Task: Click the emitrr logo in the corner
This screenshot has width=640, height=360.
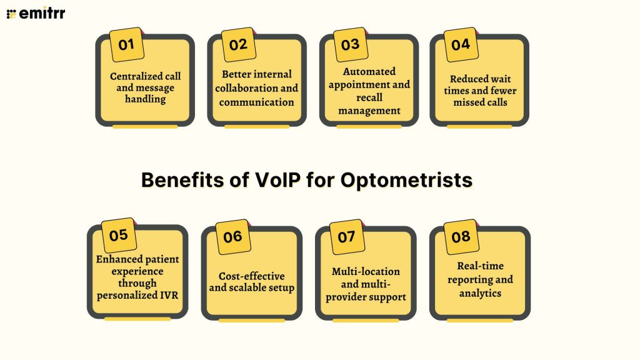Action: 36,13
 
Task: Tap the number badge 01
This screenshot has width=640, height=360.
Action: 126,44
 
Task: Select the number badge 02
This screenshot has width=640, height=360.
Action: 238,44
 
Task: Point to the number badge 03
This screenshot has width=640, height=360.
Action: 350,44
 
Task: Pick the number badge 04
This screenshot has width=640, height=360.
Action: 461,44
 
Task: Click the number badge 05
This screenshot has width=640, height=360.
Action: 118,236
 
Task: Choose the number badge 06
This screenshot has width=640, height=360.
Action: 232,237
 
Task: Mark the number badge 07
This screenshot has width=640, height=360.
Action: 346,237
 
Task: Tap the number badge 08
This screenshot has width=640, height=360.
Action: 461,237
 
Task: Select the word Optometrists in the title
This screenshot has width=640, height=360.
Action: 406,180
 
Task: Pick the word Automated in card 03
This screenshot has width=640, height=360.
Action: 369,71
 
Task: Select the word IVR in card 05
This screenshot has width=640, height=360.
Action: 168,295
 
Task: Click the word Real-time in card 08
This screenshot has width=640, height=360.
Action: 480,266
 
